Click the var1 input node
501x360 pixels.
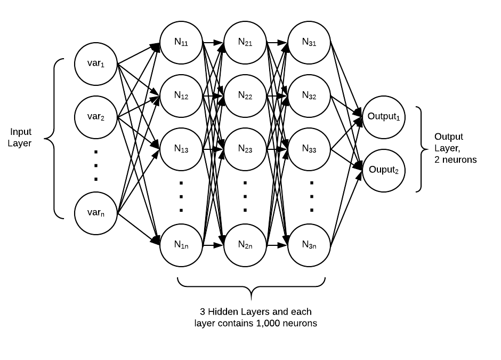96,64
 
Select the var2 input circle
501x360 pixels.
96,116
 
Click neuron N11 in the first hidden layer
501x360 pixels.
181,42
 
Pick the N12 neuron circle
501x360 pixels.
181,96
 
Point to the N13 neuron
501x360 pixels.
181,149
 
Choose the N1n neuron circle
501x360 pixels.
181,245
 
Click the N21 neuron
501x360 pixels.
245,42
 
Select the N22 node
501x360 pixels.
245,96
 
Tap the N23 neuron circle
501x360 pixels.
245,149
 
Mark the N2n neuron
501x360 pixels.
245,245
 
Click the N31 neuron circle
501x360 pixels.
309,42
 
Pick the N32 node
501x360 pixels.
309,96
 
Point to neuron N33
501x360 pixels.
309,149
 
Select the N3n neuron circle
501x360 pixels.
309,245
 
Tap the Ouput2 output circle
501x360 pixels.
384,170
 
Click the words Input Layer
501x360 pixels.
20,137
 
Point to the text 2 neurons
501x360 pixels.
456,159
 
